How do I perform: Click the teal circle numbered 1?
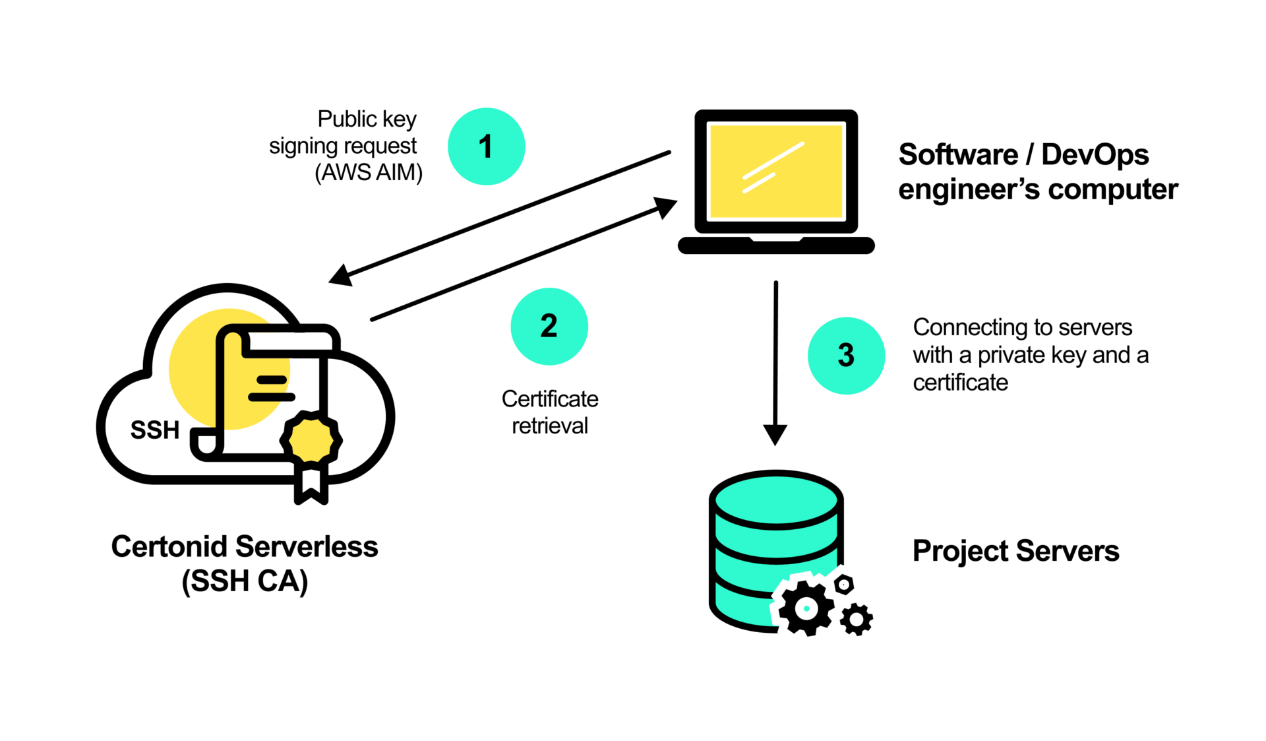486,146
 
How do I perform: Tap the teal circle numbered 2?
549,326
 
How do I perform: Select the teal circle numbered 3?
846,356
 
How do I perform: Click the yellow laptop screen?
775,172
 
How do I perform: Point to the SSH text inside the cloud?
155,430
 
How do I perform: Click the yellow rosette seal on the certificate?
311,439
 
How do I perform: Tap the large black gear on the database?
806,608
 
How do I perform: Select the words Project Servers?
1015,551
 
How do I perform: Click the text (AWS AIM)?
368,172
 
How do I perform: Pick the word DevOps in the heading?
1095,154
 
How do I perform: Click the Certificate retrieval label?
549,412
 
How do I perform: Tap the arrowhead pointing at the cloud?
341,276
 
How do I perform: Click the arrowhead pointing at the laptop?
665,207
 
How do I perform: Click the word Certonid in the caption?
169,547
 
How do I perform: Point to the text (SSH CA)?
245,581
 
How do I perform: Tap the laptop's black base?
776,246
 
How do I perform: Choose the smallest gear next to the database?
844,584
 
